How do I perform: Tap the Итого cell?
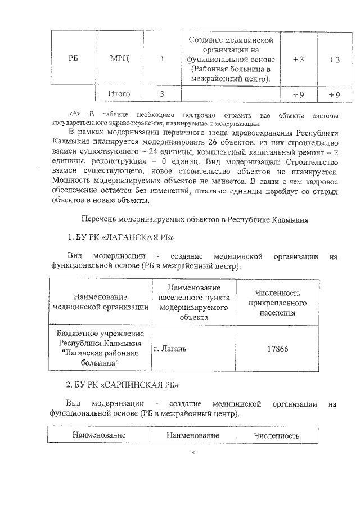click(119, 94)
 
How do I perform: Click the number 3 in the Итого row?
click(162, 94)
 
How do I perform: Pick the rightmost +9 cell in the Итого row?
click(334, 94)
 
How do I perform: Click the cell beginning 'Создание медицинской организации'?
click(231, 60)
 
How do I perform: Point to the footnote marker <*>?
click(74, 114)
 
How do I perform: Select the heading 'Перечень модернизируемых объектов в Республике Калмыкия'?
click(195, 219)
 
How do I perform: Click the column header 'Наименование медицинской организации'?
click(100, 301)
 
